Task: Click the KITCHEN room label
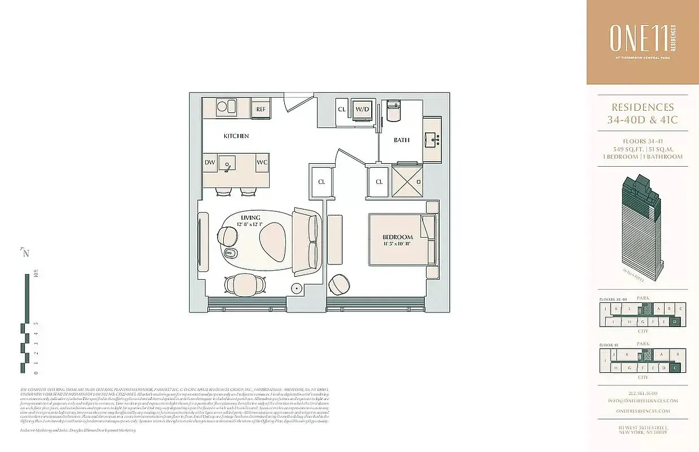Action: (x=236, y=136)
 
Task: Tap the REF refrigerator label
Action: (x=261, y=109)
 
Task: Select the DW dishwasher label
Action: (x=210, y=163)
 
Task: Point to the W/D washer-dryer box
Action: (x=362, y=109)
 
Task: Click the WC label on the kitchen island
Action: (x=262, y=163)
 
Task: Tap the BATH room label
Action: (x=402, y=140)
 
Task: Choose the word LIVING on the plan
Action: (x=250, y=218)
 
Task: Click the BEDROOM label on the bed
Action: (x=397, y=237)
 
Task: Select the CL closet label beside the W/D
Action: (x=342, y=109)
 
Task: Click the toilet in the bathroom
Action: (x=394, y=113)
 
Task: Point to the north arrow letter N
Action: (x=25, y=253)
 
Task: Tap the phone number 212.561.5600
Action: (x=643, y=393)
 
